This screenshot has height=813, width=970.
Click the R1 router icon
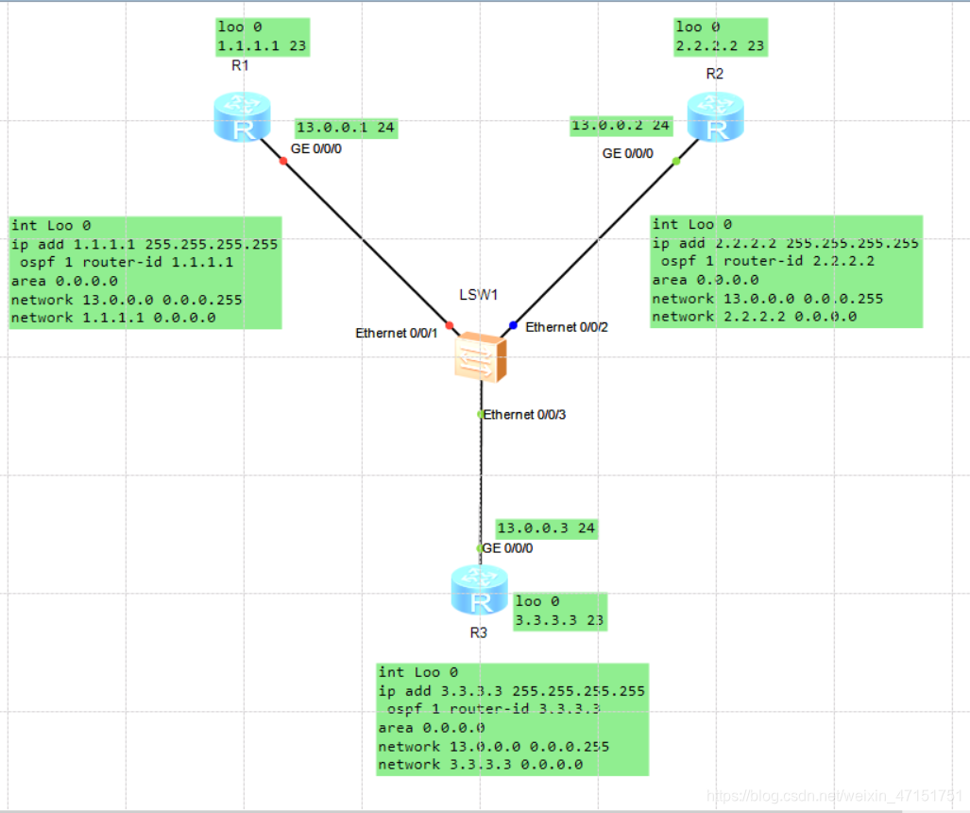click(x=243, y=117)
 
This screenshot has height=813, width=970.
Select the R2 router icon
click(x=714, y=117)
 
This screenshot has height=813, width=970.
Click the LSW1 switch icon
click(x=480, y=356)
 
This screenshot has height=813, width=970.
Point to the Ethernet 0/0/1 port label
click(x=397, y=334)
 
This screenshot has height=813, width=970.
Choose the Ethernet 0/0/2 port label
click(x=567, y=327)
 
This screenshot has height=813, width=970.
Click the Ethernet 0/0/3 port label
click(x=524, y=415)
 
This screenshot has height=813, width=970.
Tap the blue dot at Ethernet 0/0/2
click(x=513, y=325)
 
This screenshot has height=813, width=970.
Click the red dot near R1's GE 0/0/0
click(x=282, y=161)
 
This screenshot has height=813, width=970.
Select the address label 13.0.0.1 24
click(x=345, y=128)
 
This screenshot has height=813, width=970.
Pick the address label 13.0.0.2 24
click(x=621, y=125)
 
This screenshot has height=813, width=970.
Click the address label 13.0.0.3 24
click(x=546, y=528)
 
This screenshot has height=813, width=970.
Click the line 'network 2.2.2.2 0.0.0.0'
click(x=755, y=317)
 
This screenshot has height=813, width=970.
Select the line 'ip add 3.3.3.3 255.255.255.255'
click(x=512, y=691)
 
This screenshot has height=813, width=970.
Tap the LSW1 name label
click(x=478, y=295)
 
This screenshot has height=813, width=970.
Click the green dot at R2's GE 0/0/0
click(x=676, y=162)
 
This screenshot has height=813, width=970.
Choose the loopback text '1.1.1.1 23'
click(x=262, y=45)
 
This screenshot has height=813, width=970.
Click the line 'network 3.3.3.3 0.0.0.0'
click(x=481, y=765)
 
